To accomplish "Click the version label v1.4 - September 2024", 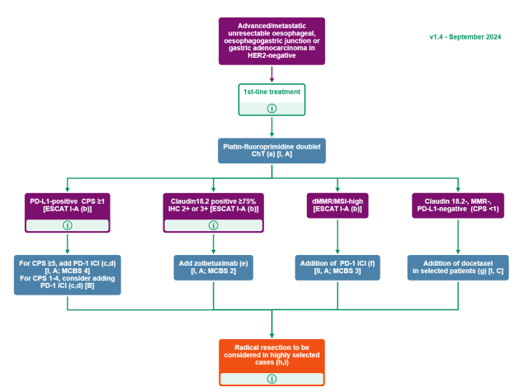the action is pos(465,37).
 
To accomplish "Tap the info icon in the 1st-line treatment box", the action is pos(271,108).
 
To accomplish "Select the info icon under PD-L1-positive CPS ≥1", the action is pos(68,225).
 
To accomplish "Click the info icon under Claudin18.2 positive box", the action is pos(213,225).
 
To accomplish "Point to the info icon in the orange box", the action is pos(271,379).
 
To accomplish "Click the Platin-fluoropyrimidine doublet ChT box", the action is pos(271,151).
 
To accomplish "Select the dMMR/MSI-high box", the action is pos(338,205).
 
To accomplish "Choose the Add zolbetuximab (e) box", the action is pos(213,267).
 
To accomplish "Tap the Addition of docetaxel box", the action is pos(458,267).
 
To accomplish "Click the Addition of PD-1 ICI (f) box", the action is pos(338,267).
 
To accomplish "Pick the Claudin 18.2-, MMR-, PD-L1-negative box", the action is pos(458,205).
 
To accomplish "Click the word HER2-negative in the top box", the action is pos(271,55).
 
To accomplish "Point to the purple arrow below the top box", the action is pos(271,74).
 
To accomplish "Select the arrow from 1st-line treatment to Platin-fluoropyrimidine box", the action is pos(271,126).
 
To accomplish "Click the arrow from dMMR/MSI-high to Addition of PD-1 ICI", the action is pos(338,236).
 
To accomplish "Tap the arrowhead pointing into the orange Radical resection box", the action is pos(271,336).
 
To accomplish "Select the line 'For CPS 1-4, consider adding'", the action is pos(68,278).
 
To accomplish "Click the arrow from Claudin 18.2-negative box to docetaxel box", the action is pos(458,236).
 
